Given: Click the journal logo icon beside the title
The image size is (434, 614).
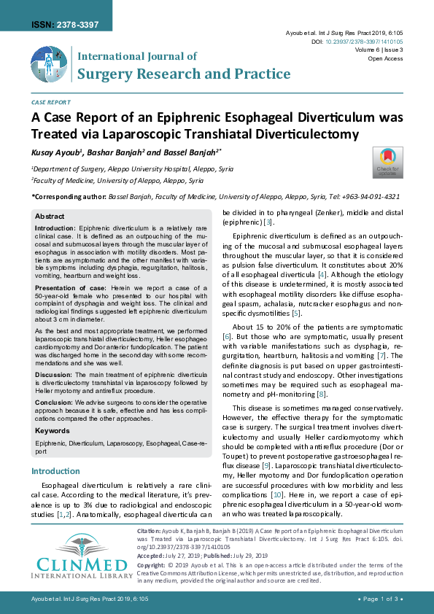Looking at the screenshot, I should pos(50,65).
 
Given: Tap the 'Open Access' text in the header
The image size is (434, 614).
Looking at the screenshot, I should pos(385,58).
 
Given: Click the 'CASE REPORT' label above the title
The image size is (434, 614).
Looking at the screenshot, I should pos(51,103).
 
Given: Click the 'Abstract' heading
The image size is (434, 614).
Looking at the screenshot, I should pos(50,217).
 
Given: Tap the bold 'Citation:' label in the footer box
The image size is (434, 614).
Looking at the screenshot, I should pos(149,532).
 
